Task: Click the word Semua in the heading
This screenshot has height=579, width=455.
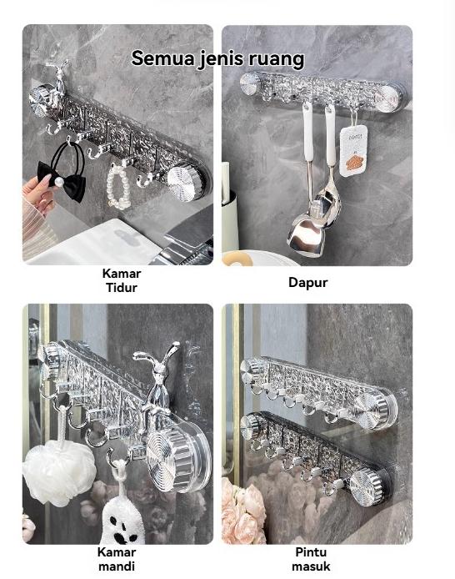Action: (x=163, y=58)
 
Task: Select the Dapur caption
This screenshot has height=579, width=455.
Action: (x=307, y=283)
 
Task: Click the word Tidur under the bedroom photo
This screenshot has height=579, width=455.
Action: (x=122, y=288)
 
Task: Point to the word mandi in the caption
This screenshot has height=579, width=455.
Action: (x=117, y=566)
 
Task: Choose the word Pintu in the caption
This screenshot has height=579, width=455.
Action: (x=311, y=552)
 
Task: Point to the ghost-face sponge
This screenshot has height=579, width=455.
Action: (x=122, y=521)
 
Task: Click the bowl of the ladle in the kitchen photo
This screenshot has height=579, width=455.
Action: (x=305, y=236)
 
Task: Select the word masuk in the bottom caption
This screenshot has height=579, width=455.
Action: (x=311, y=566)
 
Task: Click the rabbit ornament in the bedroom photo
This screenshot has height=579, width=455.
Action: (x=58, y=78)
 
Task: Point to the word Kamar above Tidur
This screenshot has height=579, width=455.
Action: (x=122, y=274)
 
